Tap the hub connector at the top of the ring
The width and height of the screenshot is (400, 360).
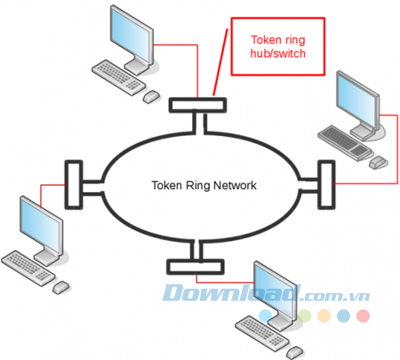point(197,105)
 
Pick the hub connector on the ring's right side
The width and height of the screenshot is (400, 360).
point(325,180)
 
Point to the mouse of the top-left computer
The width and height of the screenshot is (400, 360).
point(151,95)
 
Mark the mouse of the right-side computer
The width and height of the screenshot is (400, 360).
point(380,163)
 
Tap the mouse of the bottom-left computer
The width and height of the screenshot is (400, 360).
point(60,287)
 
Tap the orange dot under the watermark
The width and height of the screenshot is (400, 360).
point(323,316)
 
